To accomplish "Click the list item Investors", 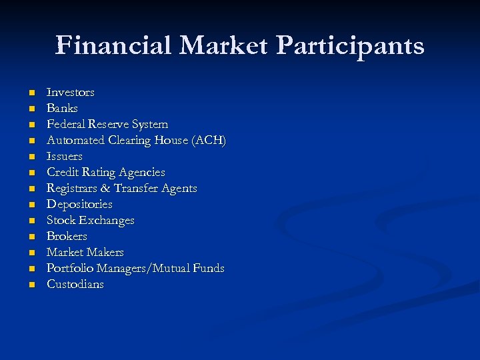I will click(x=70, y=92).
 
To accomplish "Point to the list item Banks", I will click(x=62, y=108).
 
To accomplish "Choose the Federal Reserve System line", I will click(x=107, y=124).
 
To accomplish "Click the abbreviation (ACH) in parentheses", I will click(x=209, y=140).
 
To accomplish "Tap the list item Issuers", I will click(x=64, y=156).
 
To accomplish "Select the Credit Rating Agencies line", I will click(x=105, y=172).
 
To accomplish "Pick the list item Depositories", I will click(x=79, y=204).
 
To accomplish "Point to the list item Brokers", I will click(x=67, y=236).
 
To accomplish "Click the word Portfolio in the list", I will click(x=69, y=268).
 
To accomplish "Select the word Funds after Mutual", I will click(x=208, y=268).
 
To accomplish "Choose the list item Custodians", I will click(x=75, y=284).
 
